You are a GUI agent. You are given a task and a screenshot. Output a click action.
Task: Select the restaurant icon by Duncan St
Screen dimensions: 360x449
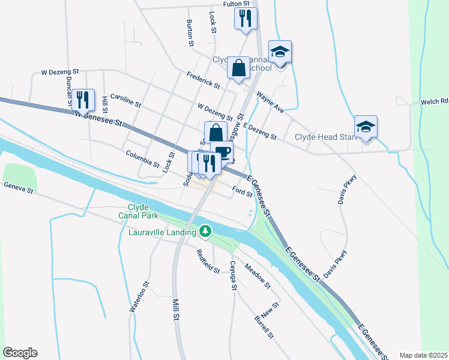click(83, 100)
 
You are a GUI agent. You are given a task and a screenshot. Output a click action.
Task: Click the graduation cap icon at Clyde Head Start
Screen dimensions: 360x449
click(366, 126)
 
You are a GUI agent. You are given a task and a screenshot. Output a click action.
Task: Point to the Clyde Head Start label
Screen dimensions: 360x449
click(325, 137)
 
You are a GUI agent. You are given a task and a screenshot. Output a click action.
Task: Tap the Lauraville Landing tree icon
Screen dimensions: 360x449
click(205, 231)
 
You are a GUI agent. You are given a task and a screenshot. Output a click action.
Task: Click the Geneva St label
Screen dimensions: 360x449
click(18, 188)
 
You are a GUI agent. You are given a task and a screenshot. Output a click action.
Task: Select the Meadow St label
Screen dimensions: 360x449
click(258, 274)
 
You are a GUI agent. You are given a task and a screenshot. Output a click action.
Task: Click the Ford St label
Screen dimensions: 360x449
click(242, 193)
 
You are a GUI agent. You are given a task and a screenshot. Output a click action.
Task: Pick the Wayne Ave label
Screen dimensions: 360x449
click(270, 103)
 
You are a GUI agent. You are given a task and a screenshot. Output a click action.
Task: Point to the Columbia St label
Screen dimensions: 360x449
click(142, 159)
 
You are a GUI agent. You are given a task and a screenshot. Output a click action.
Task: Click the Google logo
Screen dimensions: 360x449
click(20, 353)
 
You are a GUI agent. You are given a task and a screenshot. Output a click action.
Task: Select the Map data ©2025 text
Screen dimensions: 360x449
click(423, 355)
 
